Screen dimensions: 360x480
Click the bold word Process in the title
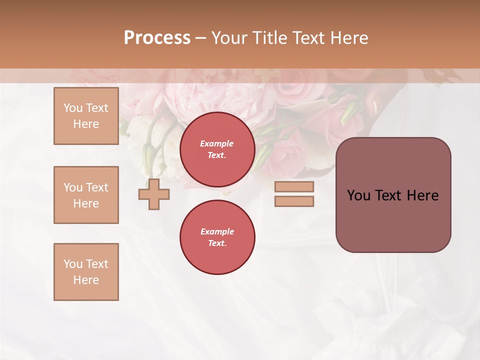pyautogui.click(x=157, y=38)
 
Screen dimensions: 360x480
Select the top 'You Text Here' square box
pyautogui.click(x=86, y=116)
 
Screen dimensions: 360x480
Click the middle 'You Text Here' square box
pyautogui.click(x=86, y=195)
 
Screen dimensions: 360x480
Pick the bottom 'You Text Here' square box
pyautogui.click(x=86, y=272)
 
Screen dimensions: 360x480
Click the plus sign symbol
pyautogui.click(x=153, y=194)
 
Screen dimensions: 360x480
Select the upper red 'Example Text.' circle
pyautogui.click(x=217, y=149)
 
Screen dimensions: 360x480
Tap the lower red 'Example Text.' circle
pyautogui.click(x=217, y=237)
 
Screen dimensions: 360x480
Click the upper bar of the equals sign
pyautogui.click(x=294, y=186)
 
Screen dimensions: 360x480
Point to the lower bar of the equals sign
pyautogui.click(x=294, y=201)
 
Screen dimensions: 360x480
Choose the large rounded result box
pyautogui.click(x=393, y=195)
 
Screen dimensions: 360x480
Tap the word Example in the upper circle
pyautogui.click(x=217, y=143)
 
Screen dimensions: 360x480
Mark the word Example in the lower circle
pyautogui.click(x=217, y=231)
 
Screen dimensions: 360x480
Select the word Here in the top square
pyautogui.click(x=86, y=124)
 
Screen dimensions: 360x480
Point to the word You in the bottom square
pyautogui.click(x=73, y=264)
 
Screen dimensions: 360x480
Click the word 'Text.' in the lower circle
pyautogui.click(x=217, y=243)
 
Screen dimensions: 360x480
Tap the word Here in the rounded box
pyautogui.click(x=422, y=195)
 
